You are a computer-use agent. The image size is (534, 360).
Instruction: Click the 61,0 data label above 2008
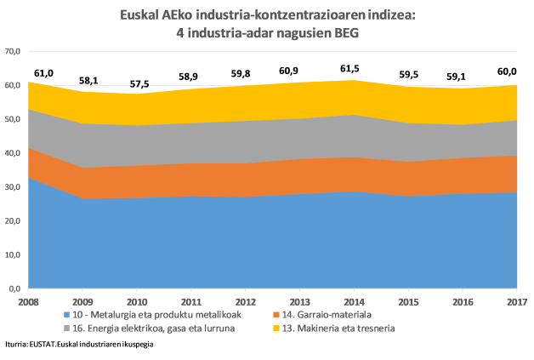click(x=43, y=74)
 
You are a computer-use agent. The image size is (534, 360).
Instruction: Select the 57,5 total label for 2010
click(x=139, y=85)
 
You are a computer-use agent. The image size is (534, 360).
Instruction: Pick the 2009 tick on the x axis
click(x=82, y=302)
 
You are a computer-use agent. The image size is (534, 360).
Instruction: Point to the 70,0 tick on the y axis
click(x=13, y=51)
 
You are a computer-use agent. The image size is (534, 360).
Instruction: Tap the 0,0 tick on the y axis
click(x=15, y=289)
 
